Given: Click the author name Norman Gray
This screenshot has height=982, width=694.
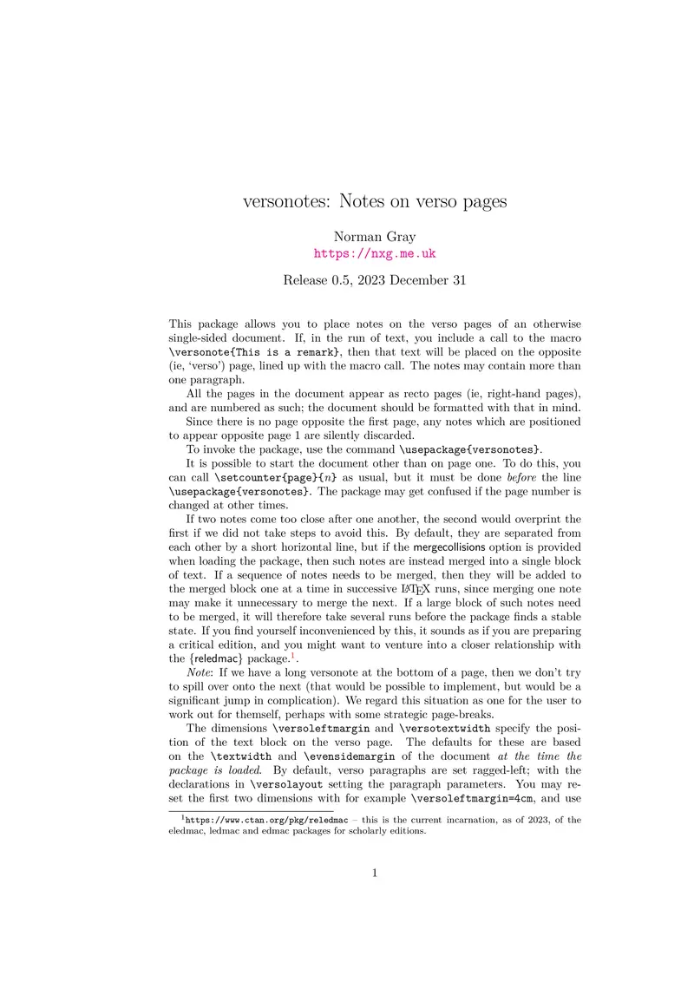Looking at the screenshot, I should (x=374, y=237).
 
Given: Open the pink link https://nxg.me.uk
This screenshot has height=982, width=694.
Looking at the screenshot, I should (x=374, y=253).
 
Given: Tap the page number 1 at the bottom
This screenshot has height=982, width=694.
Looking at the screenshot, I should (x=375, y=873).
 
